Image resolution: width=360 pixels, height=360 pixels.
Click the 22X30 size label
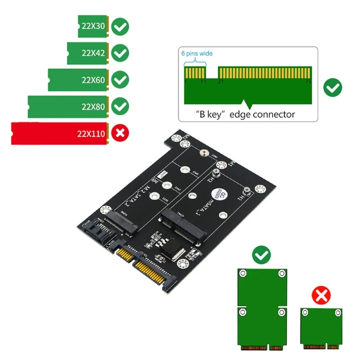pyautogui.click(x=94, y=26)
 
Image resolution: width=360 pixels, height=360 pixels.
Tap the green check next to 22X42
pyautogui.click(x=120, y=54)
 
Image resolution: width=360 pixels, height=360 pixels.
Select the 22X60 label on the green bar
pyautogui.click(x=93, y=81)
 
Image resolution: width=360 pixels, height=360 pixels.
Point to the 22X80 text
pyautogui.click(x=93, y=107)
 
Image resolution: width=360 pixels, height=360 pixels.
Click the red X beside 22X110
pyautogui.click(x=120, y=133)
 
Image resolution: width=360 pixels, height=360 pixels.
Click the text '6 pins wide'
pyautogui.click(x=197, y=54)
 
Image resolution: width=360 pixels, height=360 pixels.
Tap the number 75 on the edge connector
pyautogui.click(x=308, y=82)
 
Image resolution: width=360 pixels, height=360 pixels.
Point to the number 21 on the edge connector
pyautogui.click(x=220, y=82)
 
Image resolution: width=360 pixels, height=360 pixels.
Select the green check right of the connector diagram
pyautogui.click(x=333, y=87)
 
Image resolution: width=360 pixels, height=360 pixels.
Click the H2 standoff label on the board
pyautogui.click(x=210, y=180)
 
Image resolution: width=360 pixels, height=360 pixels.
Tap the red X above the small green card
pyautogui.click(x=321, y=296)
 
